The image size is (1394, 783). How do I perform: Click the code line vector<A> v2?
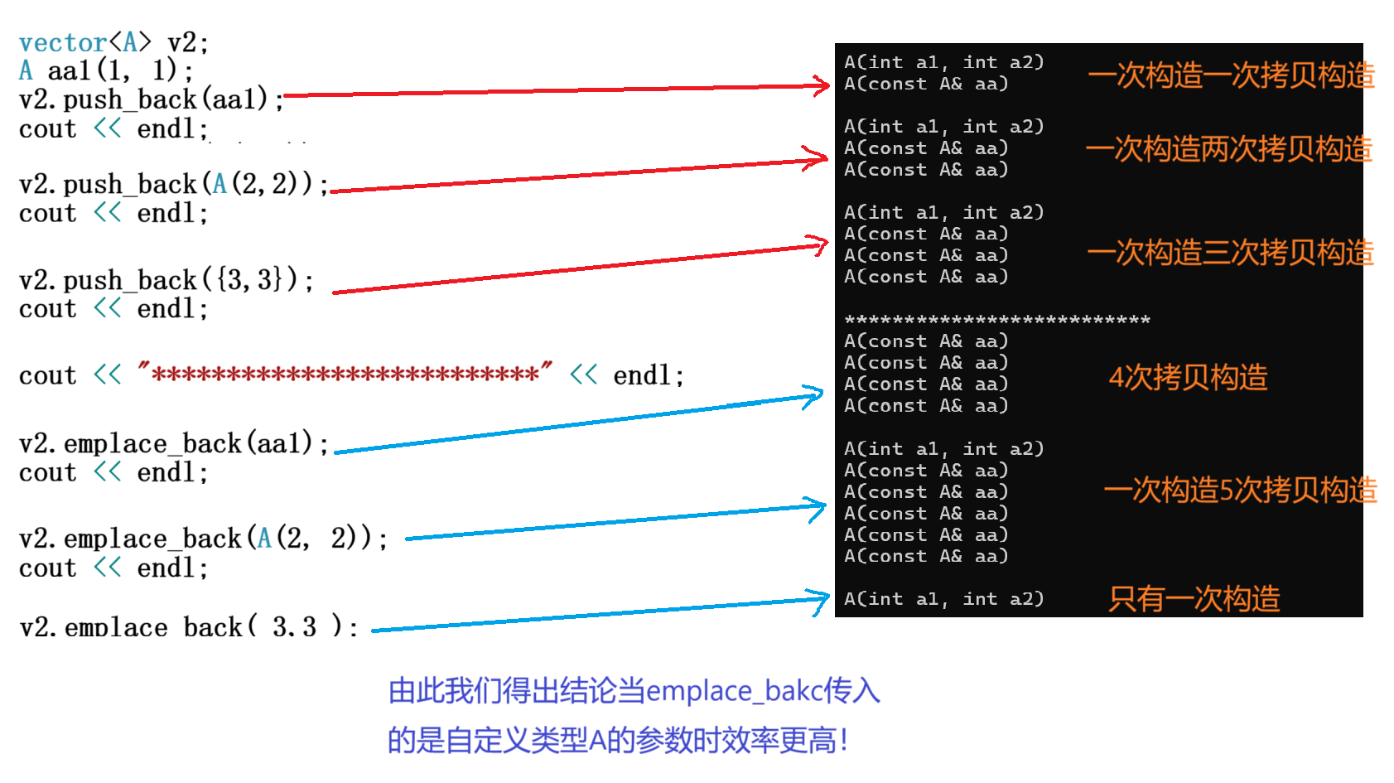pyautogui.click(x=113, y=42)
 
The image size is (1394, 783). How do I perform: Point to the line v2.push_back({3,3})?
pyautogui.click(x=166, y=280)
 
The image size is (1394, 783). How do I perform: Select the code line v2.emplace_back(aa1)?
pyautogui.click(x=173, y=443)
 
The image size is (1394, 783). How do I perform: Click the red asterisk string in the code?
pyautogui.click(x=345, y=375)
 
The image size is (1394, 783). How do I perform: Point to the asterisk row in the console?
pyautogui.click(x=996, y=320)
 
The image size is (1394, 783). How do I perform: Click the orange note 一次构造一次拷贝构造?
pyautogui.click(x=1230, y=75)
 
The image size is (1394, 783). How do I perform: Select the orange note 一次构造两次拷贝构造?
pyautogui.click(x=1228, y=149)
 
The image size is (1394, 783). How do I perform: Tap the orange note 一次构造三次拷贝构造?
pyautogui.click(x=1230, y=253)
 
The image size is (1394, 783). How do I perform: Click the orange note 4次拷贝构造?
pyautogui.click(x=1188, y=378)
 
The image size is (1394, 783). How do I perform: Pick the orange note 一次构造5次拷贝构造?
pyautogui.click(x=1240, y=491)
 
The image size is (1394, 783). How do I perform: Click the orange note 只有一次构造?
pyautogui.click(x=1194, y=598)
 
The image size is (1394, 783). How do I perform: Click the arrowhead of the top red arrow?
pyautogui.click(x=822, y=85)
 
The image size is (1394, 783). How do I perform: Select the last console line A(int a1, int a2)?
pyautogui.click(x=943, y=598)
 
